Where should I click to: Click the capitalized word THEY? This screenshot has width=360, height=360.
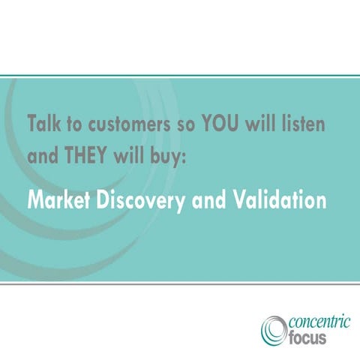pos(88,158)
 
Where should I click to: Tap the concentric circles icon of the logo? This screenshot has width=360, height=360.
pos(274,329)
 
